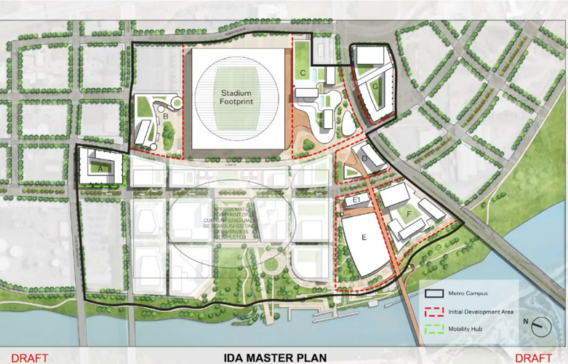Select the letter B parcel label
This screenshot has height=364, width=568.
(166, 115)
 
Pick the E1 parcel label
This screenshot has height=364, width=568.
(356, 200)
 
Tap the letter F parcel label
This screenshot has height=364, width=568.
(409, 213)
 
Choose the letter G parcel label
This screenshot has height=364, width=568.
(375, 86)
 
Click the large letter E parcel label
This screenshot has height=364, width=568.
(364, 238)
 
